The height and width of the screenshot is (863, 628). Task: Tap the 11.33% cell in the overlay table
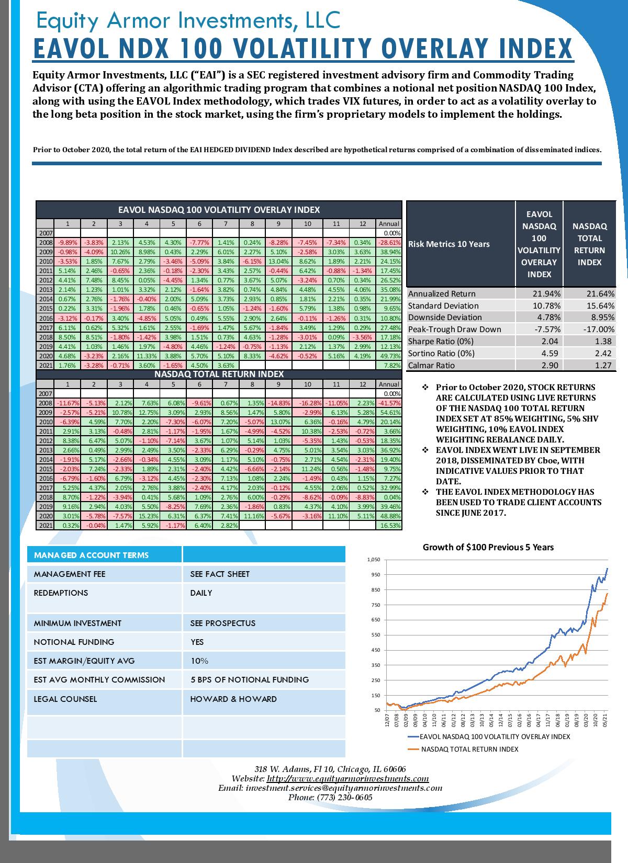[147, 356]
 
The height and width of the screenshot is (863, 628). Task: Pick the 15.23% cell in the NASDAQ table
[147, 516]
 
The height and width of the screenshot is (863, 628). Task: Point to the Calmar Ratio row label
[431, 365]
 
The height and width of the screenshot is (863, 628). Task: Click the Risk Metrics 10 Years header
[448, 244]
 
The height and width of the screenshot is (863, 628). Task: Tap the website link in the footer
[347, 779]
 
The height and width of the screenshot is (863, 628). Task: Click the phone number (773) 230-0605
[345, 797]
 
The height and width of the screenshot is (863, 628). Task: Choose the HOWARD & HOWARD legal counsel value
[233, 699]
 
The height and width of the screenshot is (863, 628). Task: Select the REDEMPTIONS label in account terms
[61, 593]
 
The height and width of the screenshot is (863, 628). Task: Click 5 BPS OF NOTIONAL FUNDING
[250, 679]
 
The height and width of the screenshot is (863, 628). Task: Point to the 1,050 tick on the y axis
[374, 560]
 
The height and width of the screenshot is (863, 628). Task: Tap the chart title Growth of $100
[488, 547]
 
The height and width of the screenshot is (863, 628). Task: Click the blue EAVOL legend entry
[489, 736]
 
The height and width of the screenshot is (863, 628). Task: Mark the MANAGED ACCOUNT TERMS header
[91, 555]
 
